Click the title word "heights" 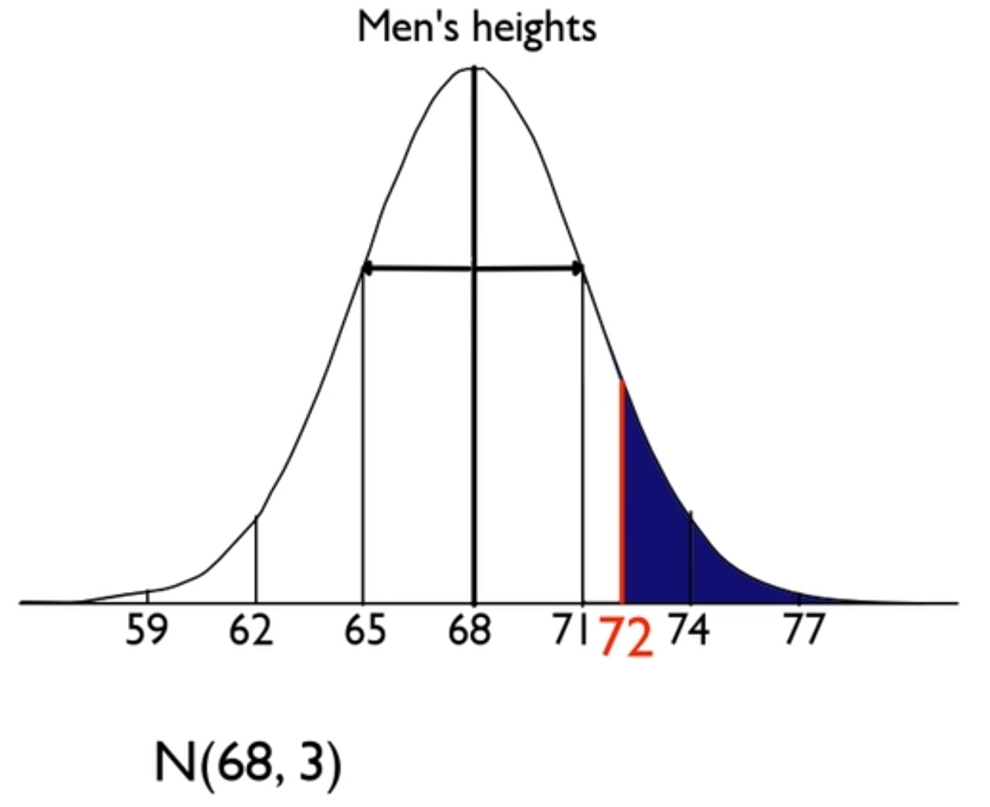[535, 27]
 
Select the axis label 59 [147, 633]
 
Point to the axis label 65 [365, 633]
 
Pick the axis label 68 [472, 633]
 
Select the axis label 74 [688, 633]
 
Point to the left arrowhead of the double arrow [367, 268]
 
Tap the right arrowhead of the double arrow [579, 268]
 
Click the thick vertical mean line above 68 [473, 415]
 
